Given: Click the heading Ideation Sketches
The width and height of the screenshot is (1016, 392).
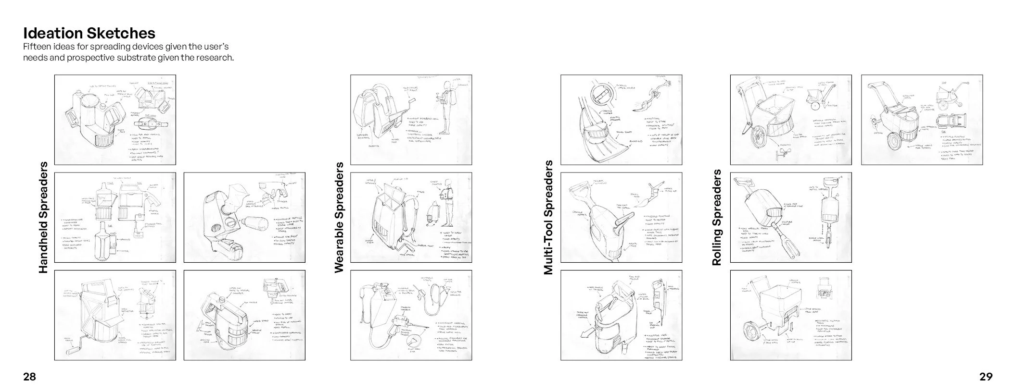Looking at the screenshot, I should (x=89, y=33).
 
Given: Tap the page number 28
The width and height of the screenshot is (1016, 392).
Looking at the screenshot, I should (x=29, y=377).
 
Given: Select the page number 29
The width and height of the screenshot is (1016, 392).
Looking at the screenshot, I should (x=986, y=377).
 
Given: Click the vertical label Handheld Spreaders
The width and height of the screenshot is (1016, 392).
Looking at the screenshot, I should (x=43, y=218).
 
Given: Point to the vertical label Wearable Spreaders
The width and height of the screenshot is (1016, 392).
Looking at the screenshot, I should (x=339, y=218).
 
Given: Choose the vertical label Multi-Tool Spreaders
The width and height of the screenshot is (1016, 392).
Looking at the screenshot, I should (x=548, y=218).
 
